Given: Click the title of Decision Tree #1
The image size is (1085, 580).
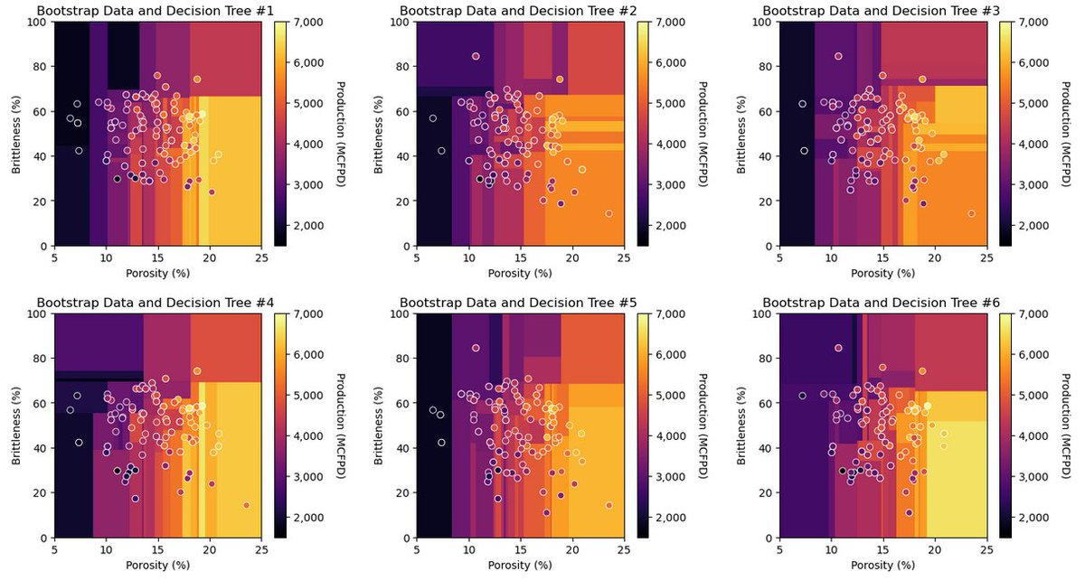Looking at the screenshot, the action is [155, 11].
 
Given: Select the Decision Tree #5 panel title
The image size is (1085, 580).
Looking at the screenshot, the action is [518, 303].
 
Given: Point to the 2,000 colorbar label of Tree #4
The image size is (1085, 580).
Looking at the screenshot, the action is [308, 518].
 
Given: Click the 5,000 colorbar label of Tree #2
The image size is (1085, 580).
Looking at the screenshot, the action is [671, 104].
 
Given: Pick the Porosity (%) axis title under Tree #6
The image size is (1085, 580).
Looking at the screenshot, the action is [882, 565].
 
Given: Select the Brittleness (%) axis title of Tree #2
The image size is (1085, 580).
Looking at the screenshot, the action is [378, 135].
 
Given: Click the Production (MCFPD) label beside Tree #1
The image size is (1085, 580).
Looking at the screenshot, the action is [341, 135].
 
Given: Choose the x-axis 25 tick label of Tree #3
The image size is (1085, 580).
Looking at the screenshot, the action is [986, 258].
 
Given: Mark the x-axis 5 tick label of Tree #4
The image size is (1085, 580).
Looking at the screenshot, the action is [54, 550].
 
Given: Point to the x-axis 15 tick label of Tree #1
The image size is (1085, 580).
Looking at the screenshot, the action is [158, 258].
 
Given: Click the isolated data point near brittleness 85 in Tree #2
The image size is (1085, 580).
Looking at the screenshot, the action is [476, 56].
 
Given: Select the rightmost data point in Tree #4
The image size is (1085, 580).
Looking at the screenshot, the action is [246, 505].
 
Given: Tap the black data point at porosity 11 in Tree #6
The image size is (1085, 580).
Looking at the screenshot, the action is [843, 471].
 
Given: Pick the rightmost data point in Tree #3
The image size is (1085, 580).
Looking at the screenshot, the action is [971, 213].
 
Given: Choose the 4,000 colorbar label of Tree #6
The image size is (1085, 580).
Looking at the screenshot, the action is [1034, 436].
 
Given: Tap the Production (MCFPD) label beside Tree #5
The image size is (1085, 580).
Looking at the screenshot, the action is [703, 426].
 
